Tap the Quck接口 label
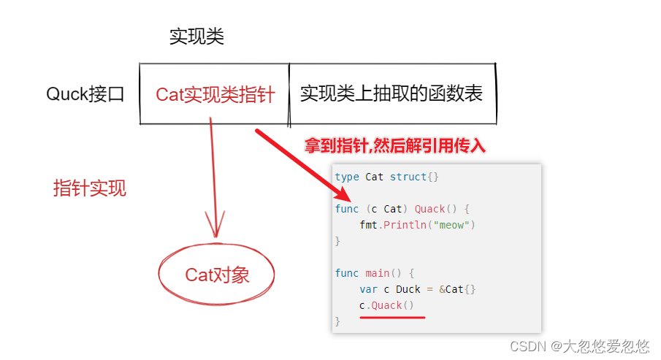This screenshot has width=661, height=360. [85, 94]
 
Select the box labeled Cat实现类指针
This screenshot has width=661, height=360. [215, 95]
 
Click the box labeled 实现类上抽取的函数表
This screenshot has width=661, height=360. [391, 94]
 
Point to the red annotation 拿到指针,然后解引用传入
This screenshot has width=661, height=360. [395, 146]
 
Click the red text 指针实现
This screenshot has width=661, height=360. [90, 188]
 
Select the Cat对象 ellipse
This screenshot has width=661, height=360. [217, 275]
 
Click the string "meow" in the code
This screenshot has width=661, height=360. [451, 225]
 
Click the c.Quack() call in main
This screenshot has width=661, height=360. [386, 305]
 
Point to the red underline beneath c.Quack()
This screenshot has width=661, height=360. [392, 317]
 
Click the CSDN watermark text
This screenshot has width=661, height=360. [579, 346]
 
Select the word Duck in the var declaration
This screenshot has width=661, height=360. [407, 289]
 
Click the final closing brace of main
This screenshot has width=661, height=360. [337, 321]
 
